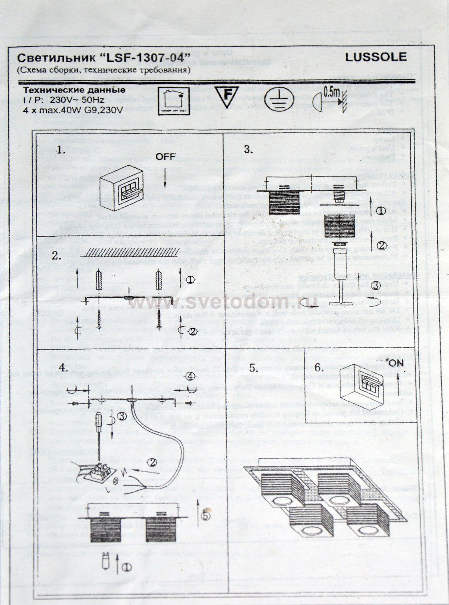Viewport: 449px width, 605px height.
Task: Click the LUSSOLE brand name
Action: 376,57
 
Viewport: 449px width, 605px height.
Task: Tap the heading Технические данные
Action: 72,90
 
